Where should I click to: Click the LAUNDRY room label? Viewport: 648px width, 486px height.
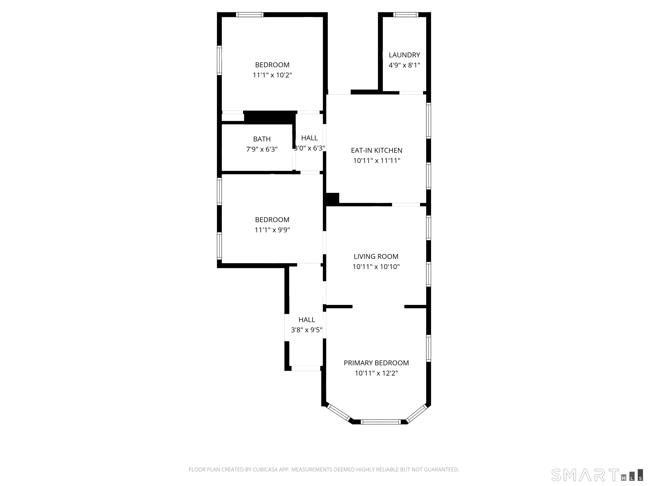tap(404, 55)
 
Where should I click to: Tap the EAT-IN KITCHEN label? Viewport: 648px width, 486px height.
tap(377, 150)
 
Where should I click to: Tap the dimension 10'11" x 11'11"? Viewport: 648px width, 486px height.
tap(377, 161)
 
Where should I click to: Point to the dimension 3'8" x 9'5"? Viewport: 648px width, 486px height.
tap(306, 330)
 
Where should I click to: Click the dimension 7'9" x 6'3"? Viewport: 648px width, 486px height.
tap(262, 149)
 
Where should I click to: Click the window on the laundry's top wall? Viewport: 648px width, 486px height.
tap(406, 15)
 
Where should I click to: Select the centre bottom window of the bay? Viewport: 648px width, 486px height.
tap(380, 422)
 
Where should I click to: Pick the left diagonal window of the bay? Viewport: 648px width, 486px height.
tap(338, 412)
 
